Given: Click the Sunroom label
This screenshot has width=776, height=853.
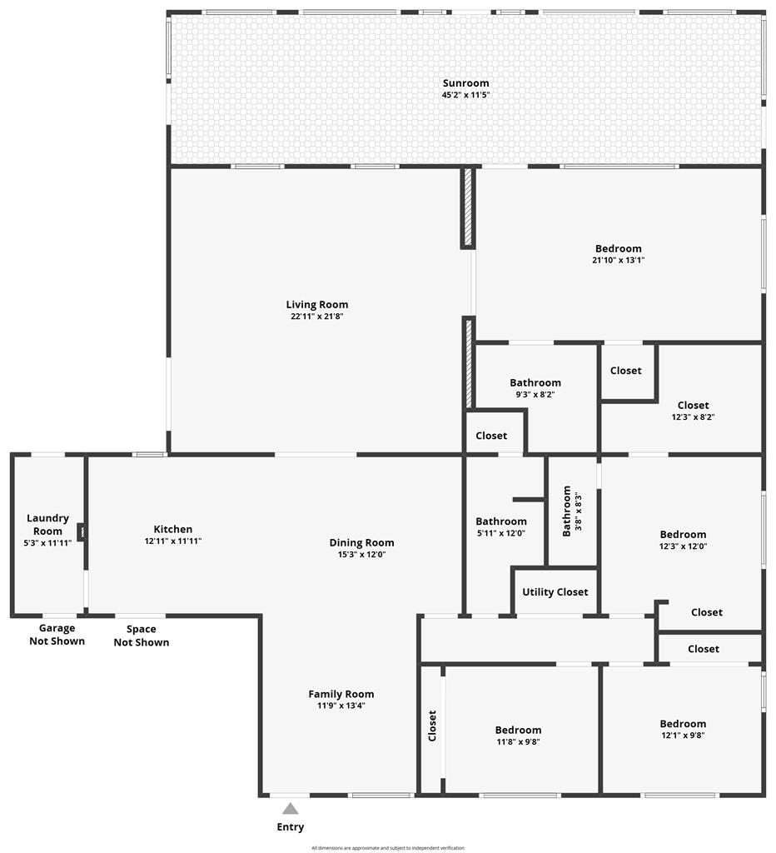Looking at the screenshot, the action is (465, 83).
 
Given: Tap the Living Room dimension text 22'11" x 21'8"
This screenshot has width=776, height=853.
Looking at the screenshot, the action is (317, 316).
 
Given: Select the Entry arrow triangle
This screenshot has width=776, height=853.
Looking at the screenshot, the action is (291, 808).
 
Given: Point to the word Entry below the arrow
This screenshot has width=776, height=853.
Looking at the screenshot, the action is (291, 827).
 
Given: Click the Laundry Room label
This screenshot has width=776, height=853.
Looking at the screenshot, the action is (47, 525).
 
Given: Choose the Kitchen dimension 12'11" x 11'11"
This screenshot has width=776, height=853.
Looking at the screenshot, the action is (173, 541).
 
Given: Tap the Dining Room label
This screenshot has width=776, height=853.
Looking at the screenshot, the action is (361, 542).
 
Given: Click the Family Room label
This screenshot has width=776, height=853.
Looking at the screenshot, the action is (341, 694).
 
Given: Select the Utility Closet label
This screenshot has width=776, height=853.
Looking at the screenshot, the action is (555, 592).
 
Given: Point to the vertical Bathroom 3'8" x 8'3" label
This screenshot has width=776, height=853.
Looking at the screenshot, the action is (571, 511).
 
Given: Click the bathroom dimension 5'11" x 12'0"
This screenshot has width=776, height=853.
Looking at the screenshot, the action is (501, 533).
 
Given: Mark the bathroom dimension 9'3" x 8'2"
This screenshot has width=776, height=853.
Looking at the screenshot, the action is (535, 394).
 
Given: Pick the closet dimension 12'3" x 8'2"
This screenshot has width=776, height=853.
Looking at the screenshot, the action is (693, 417).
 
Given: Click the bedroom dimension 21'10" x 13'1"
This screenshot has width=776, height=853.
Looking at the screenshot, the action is (619, 260).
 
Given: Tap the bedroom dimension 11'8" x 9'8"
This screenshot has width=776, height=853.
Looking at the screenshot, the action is (518, 741).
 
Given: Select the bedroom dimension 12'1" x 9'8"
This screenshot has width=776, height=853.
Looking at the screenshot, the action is (683, 735).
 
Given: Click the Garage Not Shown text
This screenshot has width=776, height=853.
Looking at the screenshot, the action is (57, 634).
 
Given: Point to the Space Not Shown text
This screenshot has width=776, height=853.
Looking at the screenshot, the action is (142, 636).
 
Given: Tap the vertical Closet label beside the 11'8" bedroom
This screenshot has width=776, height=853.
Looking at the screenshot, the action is (432, 726).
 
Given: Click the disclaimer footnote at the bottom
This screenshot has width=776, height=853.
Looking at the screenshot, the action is (388, 847).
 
